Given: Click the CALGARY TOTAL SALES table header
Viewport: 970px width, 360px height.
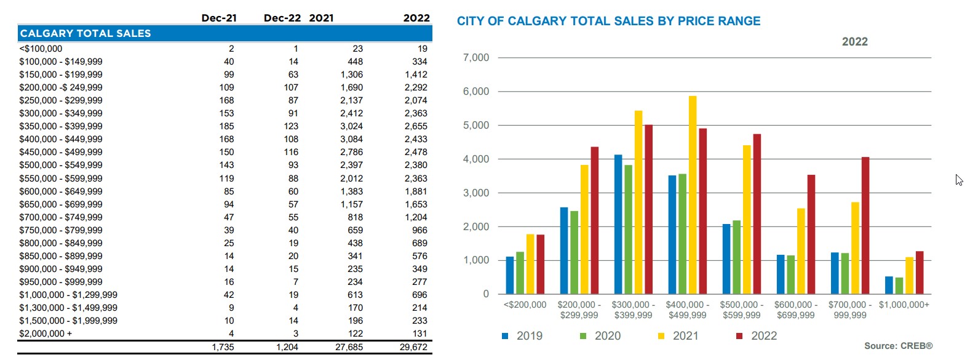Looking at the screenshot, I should click(x=85, y=33).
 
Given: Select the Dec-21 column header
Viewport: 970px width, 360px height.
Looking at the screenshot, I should click(x=219, y=18).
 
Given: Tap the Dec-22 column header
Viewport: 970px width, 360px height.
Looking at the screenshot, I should click(x=282, y=18).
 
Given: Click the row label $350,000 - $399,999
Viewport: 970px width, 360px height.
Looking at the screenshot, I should click(x=61, y=126).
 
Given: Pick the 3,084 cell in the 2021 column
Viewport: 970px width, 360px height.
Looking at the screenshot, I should click(x=351, y=139).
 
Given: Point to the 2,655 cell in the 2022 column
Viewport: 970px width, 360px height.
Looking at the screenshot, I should click(x=416, y=126).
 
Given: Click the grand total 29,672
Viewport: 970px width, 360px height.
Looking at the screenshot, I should click(x=413, y=347).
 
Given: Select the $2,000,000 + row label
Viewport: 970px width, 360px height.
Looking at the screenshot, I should click(x=46, y=334).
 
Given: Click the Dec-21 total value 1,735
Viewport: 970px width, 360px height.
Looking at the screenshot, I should click(x=223, y=347).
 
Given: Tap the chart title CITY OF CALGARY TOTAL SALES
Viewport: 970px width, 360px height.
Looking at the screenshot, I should click(x=608, y=21).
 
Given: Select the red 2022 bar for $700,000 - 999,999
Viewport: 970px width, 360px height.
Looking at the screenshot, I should click(x=865, y=225).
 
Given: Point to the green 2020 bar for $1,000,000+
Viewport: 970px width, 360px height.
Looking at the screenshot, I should click(x=899, y=286).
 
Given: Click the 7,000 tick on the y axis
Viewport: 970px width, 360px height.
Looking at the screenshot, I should click(x=476, y=58).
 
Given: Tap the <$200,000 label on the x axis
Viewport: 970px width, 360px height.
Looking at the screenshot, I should click(x=525, y=305).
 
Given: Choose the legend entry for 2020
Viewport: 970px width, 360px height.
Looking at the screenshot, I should click(x=600, y=336).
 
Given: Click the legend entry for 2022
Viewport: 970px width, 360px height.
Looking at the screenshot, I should click(x=757, y=336).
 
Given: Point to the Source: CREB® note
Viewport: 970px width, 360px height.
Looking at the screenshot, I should click(x=898, y=346).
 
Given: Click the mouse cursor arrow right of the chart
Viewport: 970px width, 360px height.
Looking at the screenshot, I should click(x=958, y=179).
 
